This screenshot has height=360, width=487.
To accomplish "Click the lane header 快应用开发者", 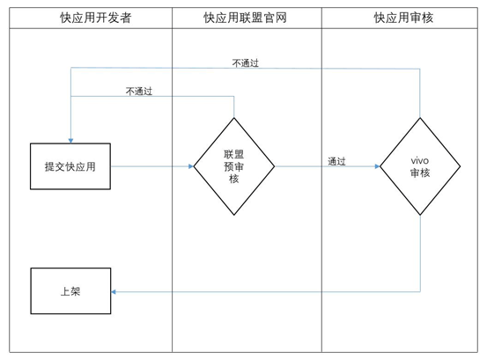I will [96, 17].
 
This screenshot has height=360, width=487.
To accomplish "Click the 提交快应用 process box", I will [70, 165].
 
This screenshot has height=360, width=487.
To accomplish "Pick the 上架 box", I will [70, 291].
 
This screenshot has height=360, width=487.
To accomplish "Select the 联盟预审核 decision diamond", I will [234, 165].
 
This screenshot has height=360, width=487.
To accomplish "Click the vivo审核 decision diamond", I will [420, 165].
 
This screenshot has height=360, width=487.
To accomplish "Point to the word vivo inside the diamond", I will [420, 159].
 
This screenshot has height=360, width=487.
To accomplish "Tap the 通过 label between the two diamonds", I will [336, 161].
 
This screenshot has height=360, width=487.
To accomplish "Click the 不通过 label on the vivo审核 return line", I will [245, 63].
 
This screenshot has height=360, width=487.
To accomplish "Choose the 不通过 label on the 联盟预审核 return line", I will [138, 91].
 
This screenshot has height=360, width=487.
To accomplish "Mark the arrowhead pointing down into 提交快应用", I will [70, 140].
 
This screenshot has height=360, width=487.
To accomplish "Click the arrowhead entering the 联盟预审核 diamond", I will [190, 165].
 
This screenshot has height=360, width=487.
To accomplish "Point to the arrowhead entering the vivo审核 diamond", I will [376, 165].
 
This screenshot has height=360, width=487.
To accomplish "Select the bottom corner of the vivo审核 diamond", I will [420, 215].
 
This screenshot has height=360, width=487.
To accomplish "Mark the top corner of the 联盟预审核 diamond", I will [234, 116].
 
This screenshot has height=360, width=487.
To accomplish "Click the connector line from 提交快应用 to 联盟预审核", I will [150, 165].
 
